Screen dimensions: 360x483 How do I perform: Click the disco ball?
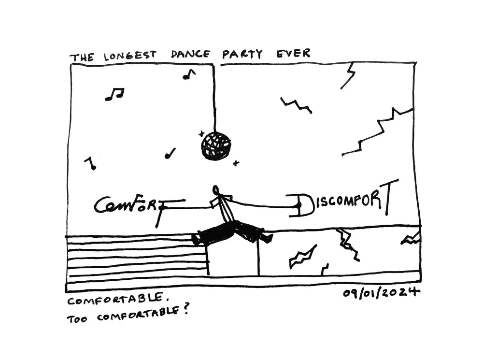(215, 146)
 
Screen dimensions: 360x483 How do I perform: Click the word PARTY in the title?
(242, 54)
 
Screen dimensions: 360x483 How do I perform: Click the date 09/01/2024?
(381, 293)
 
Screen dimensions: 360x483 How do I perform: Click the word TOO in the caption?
(77, 319)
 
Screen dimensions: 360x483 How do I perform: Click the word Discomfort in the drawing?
(343, 202)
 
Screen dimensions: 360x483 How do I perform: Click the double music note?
(114, 94)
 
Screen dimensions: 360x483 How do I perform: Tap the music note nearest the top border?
(189, 74)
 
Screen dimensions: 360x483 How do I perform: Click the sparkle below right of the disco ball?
(236, 163)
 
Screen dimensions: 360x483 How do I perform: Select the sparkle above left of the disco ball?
(201, 133)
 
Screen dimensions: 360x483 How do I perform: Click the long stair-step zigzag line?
(377, 133)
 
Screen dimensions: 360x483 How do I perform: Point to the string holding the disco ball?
(214, 97)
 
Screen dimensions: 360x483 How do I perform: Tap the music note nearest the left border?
(90, 163)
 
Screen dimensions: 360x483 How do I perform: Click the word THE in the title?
(82, 58)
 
